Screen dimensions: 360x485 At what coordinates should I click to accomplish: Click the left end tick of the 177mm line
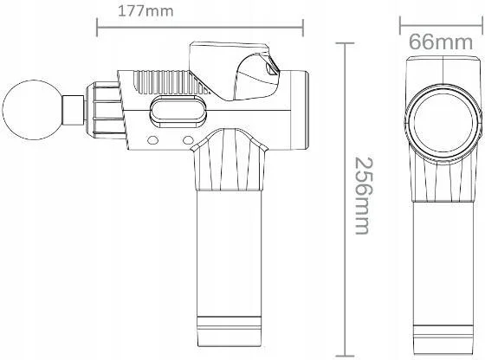coord(97,27)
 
